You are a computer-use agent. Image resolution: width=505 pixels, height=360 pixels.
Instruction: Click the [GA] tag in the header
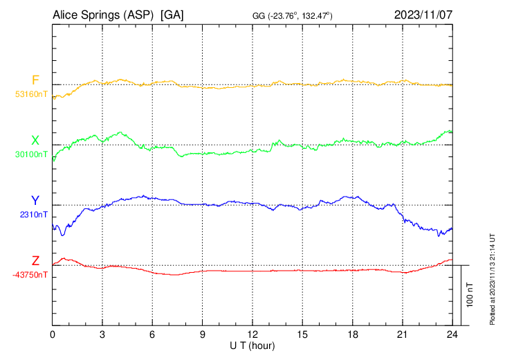coord(173,15)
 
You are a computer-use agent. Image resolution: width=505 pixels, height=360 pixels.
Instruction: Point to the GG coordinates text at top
coord(293,16)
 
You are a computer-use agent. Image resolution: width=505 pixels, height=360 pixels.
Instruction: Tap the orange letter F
coord(35,80)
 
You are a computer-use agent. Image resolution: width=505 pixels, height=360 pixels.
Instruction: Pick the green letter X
coord(35,141)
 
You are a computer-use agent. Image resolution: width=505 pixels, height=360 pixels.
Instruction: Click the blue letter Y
coord(35,201)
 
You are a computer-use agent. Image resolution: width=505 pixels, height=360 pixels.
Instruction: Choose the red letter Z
coord(35,261)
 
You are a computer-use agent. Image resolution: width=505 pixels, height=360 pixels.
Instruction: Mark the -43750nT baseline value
coord(31,275)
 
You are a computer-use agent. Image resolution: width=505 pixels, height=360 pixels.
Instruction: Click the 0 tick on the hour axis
coord(53,334)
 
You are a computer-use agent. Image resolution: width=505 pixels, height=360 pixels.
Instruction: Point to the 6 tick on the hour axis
coord(153,334)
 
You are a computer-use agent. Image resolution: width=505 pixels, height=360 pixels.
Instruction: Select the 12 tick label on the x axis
coord(252,334)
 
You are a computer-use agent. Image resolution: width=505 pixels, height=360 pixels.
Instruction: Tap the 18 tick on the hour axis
coord(352,334)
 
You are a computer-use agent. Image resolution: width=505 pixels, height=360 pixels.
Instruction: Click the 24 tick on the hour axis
coord(452,334)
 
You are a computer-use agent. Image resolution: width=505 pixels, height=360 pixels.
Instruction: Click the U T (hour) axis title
coord(252,345)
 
